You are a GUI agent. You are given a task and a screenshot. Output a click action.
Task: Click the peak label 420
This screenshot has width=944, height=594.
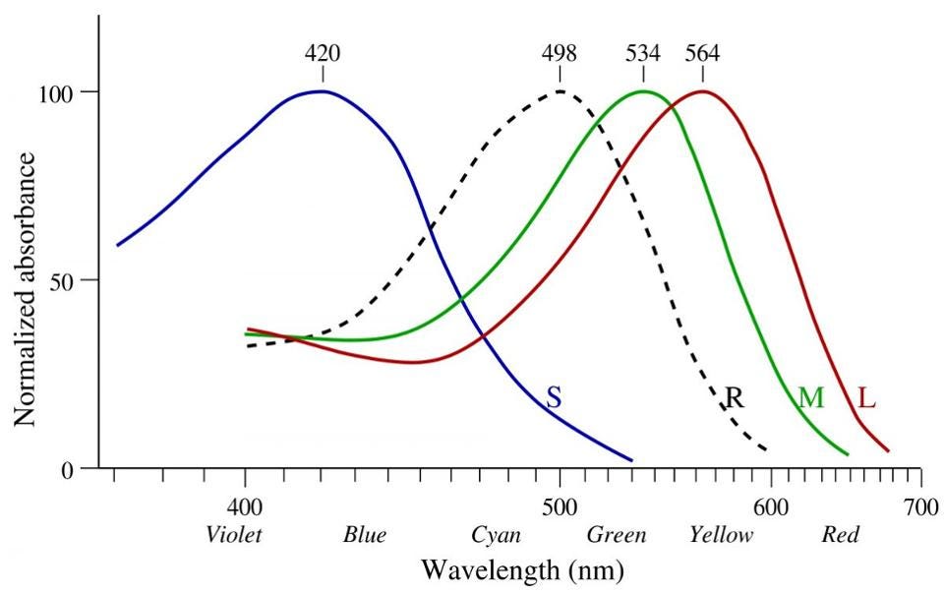pos(323,53)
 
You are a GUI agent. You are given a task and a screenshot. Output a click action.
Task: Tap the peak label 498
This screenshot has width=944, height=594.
pos(560,53)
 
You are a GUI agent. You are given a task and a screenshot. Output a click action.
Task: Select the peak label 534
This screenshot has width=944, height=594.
pos(643,53)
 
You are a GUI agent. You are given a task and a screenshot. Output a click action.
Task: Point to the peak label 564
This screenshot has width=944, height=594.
pos(702,53)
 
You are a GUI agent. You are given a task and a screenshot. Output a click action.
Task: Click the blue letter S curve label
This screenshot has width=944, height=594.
pos(554,398)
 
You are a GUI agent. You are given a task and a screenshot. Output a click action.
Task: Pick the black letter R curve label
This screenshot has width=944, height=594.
pos(734,397)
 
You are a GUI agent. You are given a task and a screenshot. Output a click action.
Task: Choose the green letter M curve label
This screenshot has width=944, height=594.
pos(811,397)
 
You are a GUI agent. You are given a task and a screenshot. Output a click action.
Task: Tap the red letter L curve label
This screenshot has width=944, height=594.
pos(866,397)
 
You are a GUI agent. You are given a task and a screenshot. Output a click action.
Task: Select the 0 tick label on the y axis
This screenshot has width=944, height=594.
pos(68,470)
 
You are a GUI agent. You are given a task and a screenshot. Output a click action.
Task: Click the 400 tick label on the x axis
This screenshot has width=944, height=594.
pos(245,507)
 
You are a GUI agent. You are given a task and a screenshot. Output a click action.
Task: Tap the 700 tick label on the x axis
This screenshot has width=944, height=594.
pos(920,507)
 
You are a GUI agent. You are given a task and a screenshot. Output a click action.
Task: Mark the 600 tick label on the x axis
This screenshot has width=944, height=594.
pos(771,507)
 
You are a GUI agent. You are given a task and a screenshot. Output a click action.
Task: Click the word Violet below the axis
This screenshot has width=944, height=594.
pos(234,534)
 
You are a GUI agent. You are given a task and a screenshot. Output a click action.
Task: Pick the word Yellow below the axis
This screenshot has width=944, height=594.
pos(721,534)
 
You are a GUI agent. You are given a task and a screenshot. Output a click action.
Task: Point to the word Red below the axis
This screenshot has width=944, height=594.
pos(841,534)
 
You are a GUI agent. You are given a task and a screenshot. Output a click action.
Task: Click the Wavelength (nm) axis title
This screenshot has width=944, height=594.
pos(522,569)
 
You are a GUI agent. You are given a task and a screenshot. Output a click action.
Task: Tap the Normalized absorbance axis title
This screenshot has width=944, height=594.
pos(26,289)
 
